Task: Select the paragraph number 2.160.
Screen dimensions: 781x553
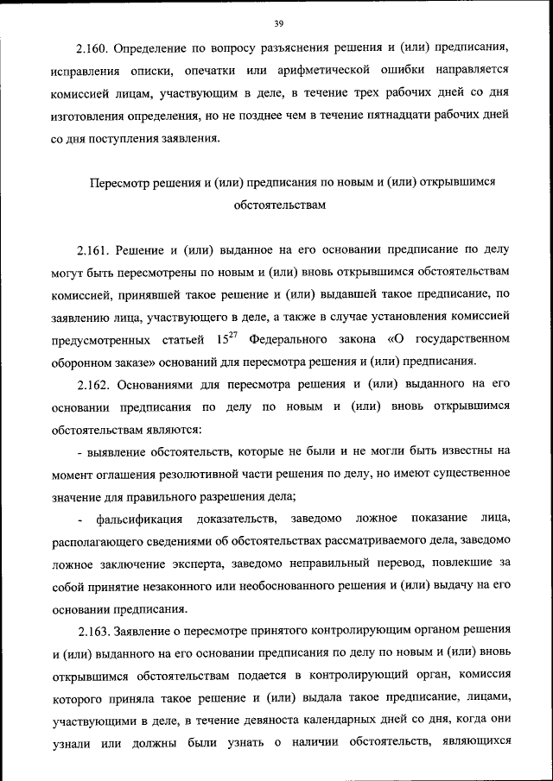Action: pyautogui.click(x=92, y=46)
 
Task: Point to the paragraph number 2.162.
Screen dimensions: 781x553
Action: pyautogui.click(x=92, y=383)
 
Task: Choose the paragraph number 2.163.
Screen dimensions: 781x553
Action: pyautogui.click(x=92, y=629)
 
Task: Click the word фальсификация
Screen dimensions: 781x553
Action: pyautogui.click(x=141, y=518)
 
